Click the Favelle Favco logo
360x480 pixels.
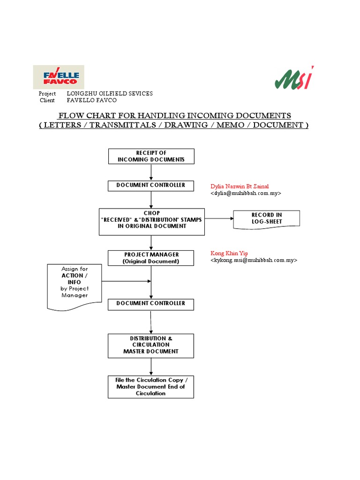pos(58,77)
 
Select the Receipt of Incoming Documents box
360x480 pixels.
pos(151,156)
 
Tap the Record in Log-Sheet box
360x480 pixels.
pos(266,218)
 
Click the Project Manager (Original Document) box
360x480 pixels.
pos(151,258)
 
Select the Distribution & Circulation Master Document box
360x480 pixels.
pos(151,345)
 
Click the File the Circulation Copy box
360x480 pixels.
pos(151,387)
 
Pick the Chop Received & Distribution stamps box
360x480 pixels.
pos(152,222)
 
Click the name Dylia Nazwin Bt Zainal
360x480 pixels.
pos(240,186)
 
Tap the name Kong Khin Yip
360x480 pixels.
pos(229,253)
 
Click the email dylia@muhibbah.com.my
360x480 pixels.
pos(246,193)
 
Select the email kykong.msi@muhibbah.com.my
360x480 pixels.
pos(254,260)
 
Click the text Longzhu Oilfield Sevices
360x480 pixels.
pos(110,94)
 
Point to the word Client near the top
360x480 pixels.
pos(47,100)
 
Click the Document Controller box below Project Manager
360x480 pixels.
pos(151,304)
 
